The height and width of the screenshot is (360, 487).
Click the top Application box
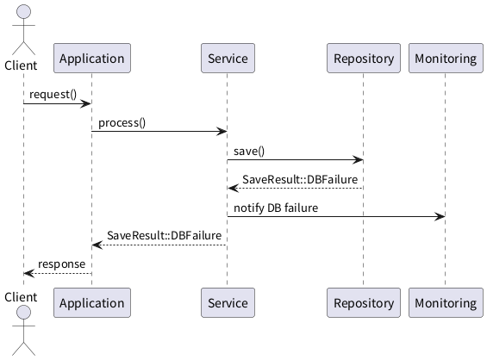[92, 59]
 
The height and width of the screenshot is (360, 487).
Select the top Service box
[228, 59]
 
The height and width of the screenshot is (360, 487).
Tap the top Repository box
[364, 59]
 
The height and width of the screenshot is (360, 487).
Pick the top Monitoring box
[446, 59]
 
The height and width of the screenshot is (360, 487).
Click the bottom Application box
[92, 302]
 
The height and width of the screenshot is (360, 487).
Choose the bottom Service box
[228, 302]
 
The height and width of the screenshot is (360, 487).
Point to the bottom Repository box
[364, 302]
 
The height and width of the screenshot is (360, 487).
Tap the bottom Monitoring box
[446, 302]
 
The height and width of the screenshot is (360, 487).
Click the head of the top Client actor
[23, 12]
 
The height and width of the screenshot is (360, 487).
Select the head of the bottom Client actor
[23, 313]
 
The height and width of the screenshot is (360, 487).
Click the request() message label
[53, 95]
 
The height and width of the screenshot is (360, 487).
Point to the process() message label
[122, 123]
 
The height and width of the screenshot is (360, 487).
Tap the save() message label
[249, 152]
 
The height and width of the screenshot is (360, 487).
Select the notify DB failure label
[276, 208]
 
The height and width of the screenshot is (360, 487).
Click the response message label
[61, 264]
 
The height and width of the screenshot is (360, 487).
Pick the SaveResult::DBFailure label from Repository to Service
[300, 179]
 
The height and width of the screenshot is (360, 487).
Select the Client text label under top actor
[21, 65]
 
